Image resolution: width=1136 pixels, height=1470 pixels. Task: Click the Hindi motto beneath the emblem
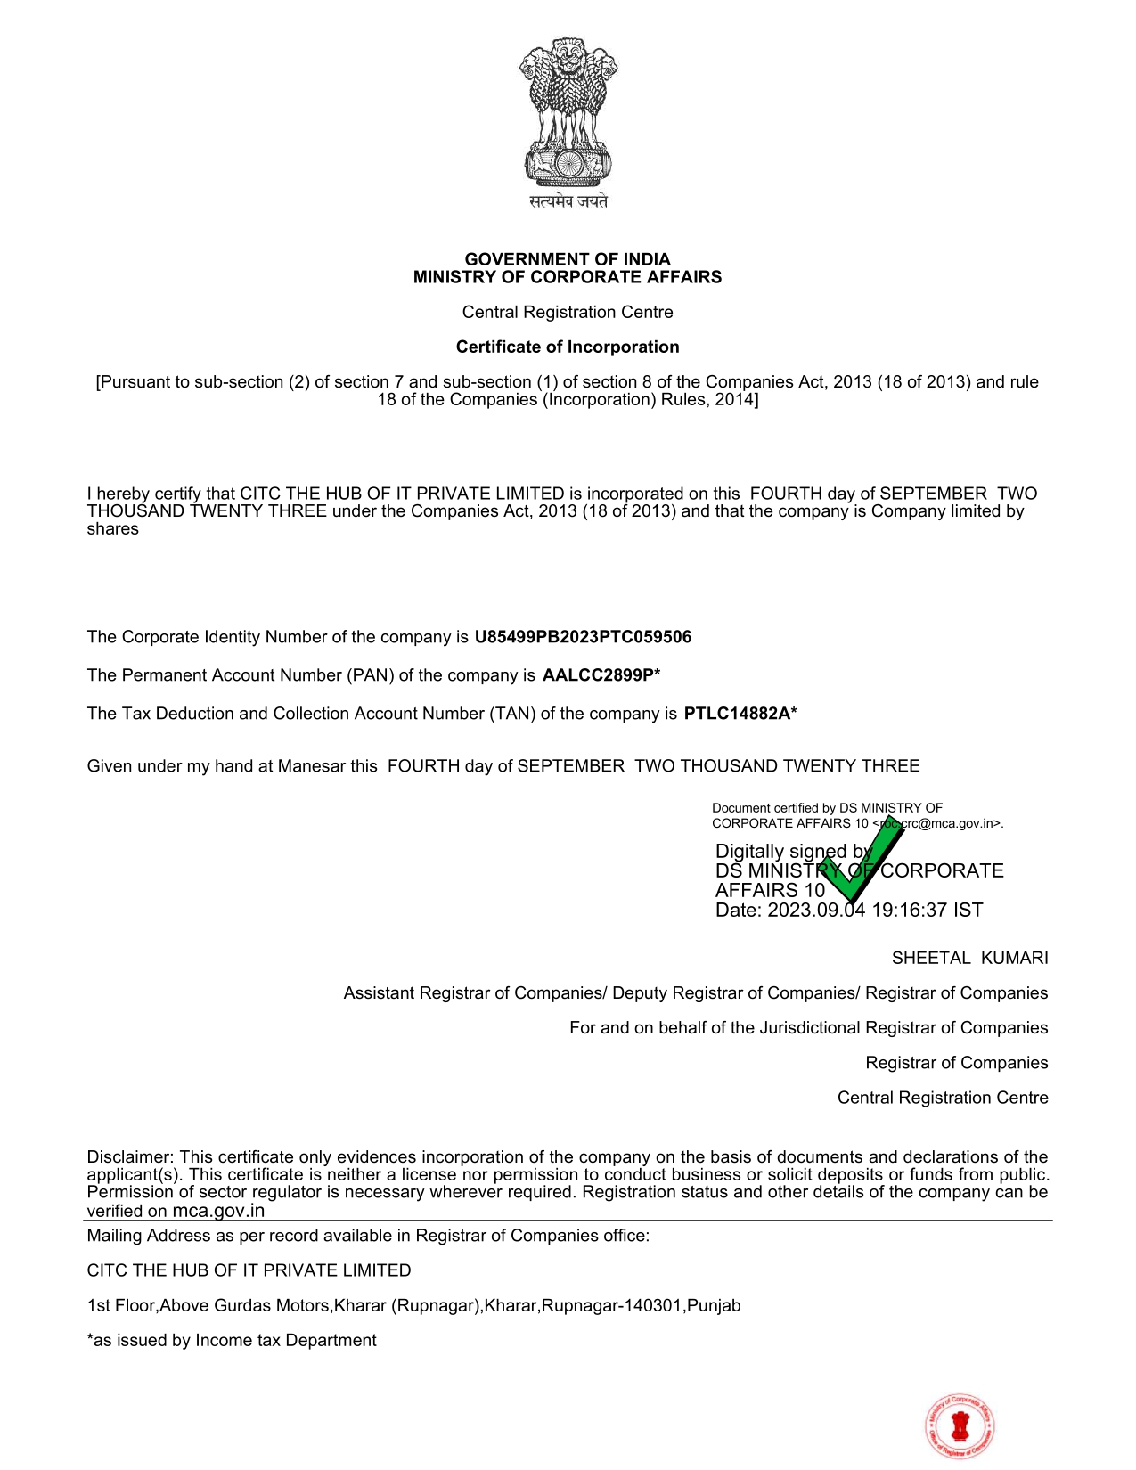tap(568, 201)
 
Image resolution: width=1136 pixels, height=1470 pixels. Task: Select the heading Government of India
tap(568, 259)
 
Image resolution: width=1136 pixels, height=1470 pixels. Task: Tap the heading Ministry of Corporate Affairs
tap(568, 277)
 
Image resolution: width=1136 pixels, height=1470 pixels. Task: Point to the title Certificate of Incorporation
tap(568, 347)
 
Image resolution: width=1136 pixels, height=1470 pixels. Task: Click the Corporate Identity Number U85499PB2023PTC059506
tap(583, 637)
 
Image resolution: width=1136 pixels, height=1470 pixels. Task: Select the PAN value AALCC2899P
tap(598, 675)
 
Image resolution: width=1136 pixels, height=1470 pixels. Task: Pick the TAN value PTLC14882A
tap(737, 714)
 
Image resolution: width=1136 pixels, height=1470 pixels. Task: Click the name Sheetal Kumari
tap(969, 959)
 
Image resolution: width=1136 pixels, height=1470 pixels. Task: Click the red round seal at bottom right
tap(960, 1426)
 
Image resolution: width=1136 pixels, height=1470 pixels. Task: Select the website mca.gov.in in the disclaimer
tap(218, 1211)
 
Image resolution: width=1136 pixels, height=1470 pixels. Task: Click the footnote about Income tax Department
tap(232, 1341)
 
